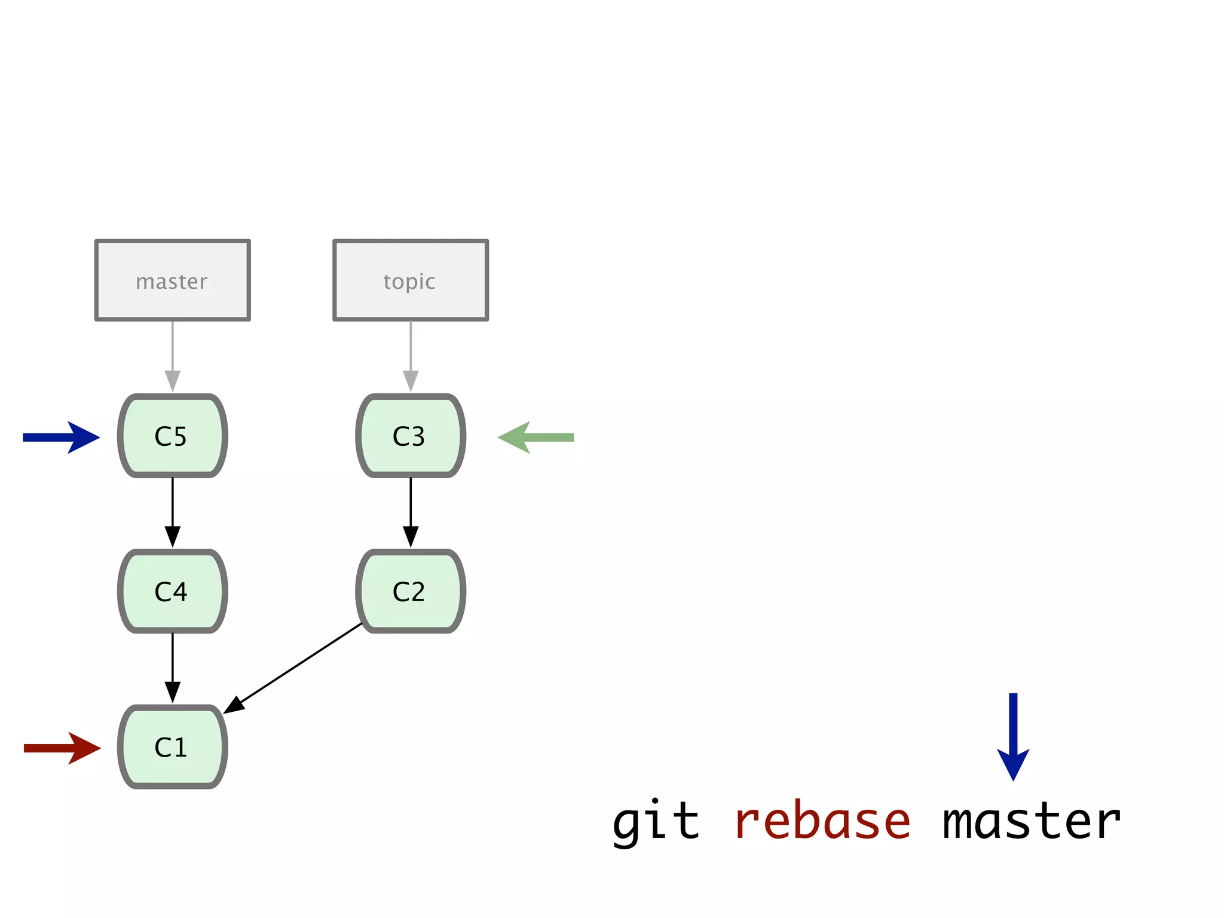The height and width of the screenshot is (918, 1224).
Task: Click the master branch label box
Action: (x=172, y=280)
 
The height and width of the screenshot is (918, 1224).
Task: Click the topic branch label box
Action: (x=411, y=280)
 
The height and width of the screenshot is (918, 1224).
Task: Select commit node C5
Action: (x=172, y=436)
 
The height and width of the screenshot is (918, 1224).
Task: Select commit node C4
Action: (x=172, y=591)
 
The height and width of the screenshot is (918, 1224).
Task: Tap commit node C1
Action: (x=172, y=746)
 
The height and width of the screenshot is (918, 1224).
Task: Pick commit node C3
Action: (x=411, y=436)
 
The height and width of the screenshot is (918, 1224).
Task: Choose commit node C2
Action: (x=411, y=591)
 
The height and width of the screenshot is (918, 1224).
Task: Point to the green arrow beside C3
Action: (x=535, y=437)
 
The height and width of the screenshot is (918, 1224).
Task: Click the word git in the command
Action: (x=656, y=822)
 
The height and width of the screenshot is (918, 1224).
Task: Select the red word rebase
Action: (x=822, y=822)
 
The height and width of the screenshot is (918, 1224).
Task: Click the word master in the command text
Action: (x=1032, y=822)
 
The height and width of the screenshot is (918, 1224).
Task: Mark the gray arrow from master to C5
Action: (x=173, y=356)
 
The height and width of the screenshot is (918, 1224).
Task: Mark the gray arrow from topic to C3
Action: (x=411, y=356)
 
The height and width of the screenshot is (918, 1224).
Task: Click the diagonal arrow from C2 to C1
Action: (x=293, y=668)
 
